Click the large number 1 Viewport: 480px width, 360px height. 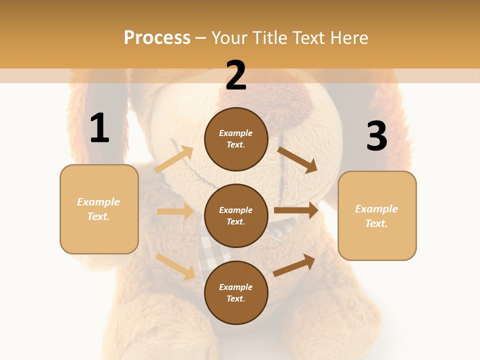[x=99, y=128]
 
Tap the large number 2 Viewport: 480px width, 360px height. [x=236, y=75]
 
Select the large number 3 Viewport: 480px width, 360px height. [x=376, y=136]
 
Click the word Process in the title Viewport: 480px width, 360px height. [x=157, y=37]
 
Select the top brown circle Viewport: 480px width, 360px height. [x=236, y=139]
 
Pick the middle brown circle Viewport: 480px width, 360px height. [x=236, y=215]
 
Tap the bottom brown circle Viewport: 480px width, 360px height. [x=236, y=292]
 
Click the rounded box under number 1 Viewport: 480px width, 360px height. [x=99, y=209]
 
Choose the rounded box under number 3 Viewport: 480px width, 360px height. [x=377, y=215]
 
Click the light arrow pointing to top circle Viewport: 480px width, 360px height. [x=174, y=159]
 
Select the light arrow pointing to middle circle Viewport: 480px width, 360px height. [x=175, y=211]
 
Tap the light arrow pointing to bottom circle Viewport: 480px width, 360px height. [x=175, y=266]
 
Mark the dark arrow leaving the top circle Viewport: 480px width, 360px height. [x=297, y=159]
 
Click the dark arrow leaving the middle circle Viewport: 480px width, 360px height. [x=296, y=210]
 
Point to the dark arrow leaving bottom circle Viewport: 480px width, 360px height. [x=294, y=265]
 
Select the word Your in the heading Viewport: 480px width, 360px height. [x=229, y=37]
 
